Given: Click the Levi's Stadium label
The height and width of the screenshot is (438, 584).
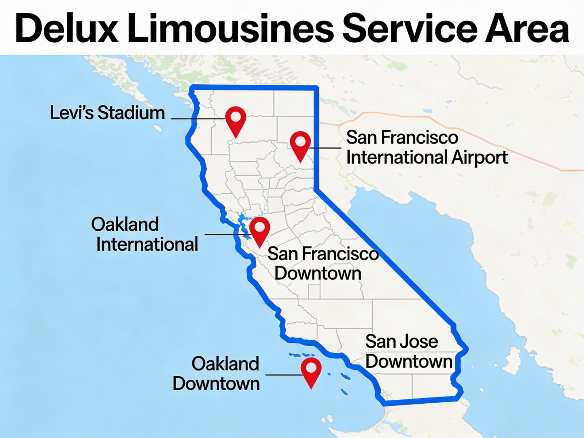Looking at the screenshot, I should [x=107, y=113].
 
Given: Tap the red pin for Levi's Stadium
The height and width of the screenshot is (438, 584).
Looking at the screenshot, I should [x=236, y=118].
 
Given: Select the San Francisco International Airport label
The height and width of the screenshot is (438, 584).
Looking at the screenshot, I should [x=426, y=147].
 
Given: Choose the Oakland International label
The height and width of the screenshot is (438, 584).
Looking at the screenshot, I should [x=145, y=234].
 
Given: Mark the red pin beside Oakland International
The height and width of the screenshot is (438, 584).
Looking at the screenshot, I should [x=260, y=228].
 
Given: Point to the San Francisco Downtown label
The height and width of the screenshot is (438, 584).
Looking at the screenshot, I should [x=323, y=264].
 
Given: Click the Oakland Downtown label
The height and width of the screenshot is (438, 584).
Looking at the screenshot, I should [x=216, y=374].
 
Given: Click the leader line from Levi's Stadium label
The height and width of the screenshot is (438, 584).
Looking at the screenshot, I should [x=197, y=119].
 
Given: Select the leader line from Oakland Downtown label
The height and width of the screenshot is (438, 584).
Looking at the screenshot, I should [x=283, y=375].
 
